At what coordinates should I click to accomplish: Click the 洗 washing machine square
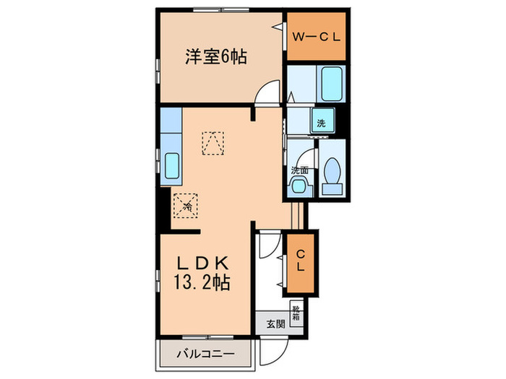pyautogui.click(x=321, y=123)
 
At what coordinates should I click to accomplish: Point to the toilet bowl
pyautogui.click(x=333, y=172)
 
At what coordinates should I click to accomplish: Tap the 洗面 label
pyautogui.click(x=300, y=171)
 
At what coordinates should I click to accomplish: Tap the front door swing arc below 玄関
pyautogui.click(x=273, y=352)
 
